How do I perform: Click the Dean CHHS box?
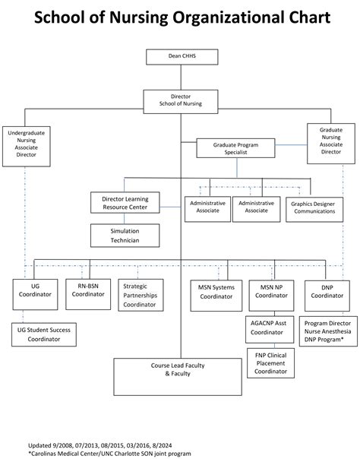tap(181, 56)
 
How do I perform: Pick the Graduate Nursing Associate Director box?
tap(331, 142)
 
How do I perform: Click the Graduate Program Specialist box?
tap(235, 147)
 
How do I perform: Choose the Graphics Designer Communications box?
tap(313, 207)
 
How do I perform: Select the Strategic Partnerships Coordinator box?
tap(139, 295)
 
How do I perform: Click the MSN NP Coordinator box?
tap(271, 295)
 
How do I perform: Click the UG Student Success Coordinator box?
tap(44, 334)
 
